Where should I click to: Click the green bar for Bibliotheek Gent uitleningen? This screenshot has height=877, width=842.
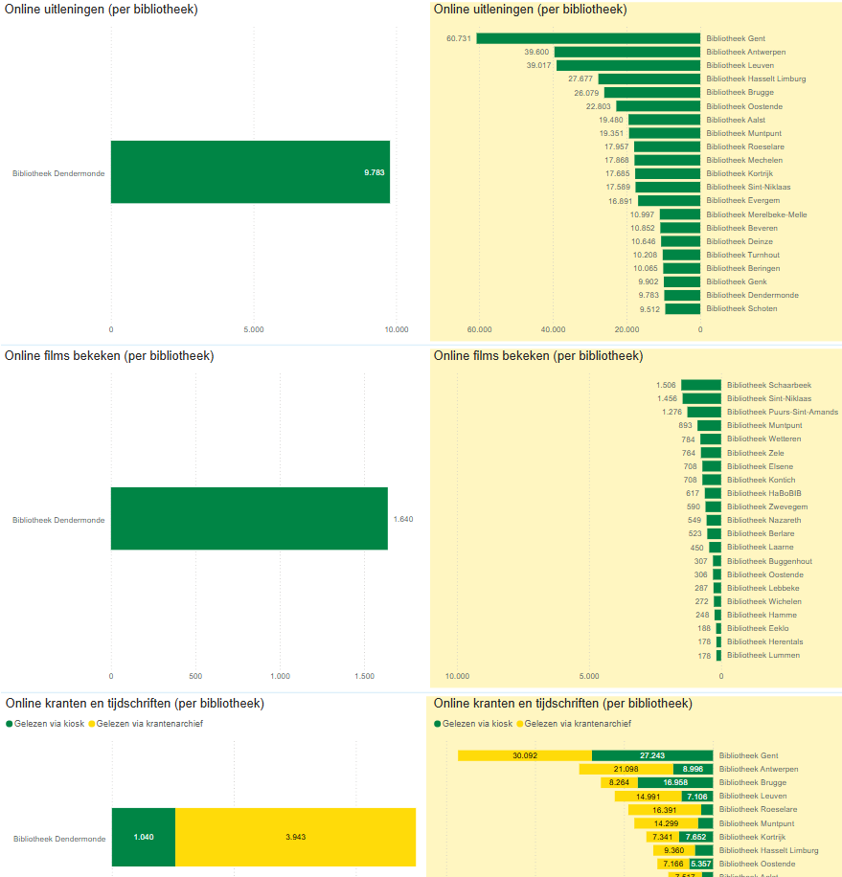pyautogui.click(x=588, y=38)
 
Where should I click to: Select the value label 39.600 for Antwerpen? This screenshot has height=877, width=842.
pyautogui.click(x=536, y=52)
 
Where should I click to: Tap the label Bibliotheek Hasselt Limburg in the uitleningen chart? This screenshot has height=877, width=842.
pyautogui.click(x=756, y=79)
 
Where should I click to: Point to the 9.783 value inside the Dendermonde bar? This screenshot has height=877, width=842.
pyautogui.click(x=374, y=172)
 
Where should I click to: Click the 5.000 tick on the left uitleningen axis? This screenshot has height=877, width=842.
pyautogui.click(x=254, y=329)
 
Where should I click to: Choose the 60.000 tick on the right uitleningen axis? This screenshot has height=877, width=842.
pyautogui.click(x=479, y=329)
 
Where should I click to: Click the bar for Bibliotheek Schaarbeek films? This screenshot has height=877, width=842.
pyautogui.click(x=701, y=385)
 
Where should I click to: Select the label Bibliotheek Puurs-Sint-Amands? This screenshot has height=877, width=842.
pyautogui.click(x=783, y=412)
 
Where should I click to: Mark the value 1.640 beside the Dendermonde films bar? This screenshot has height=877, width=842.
pyautogui.click(x=403, y=519)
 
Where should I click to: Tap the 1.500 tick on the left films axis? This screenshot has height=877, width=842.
pyautogui.click(x=365, y=676)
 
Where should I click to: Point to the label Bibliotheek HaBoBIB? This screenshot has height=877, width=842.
pyautogui.click(x=757, y=493)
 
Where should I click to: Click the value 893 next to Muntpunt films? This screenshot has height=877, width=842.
pyautogui.click(x=685, y=425)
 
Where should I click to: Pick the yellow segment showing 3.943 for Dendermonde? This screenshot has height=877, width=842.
pyautogui.click(x=295, y=838)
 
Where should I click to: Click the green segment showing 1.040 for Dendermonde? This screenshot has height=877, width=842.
pyautogui.click(x=144, y=838)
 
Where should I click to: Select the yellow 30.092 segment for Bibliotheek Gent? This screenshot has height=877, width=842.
pyautogui.click(x=524, y=755)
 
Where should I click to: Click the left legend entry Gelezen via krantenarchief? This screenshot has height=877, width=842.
pyautogui.click(x=148, y=724)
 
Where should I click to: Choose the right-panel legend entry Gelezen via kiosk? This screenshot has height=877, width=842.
pyautogui.click(x=476, y=724)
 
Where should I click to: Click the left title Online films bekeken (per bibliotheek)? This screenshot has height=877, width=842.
pyautogui.click(x=109, y=356)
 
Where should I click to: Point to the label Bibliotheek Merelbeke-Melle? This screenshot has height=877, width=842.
pyautogui.click(x=757, y=214)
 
